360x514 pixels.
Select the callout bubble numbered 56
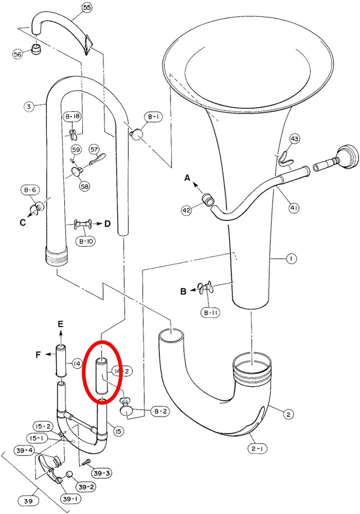coord(17,54)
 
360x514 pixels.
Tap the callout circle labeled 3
coord(29,106)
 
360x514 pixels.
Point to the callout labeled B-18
coord(72,117)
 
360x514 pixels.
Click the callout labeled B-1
coord(153,117)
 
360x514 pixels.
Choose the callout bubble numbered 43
coord(294,139)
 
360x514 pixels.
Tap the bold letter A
coord(187,178)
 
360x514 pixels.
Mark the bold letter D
coord(107,224)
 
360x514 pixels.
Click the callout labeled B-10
coord(85,242)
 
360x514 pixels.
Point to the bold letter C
coord(23,223)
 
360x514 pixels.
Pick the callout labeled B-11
coord(210,313)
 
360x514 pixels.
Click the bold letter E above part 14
coord(61,324)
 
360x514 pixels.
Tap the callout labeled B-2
coord(160,411)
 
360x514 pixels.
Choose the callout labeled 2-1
coord(257,448)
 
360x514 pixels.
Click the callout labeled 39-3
coord(102,473)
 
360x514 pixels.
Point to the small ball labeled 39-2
coord(69,474)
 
